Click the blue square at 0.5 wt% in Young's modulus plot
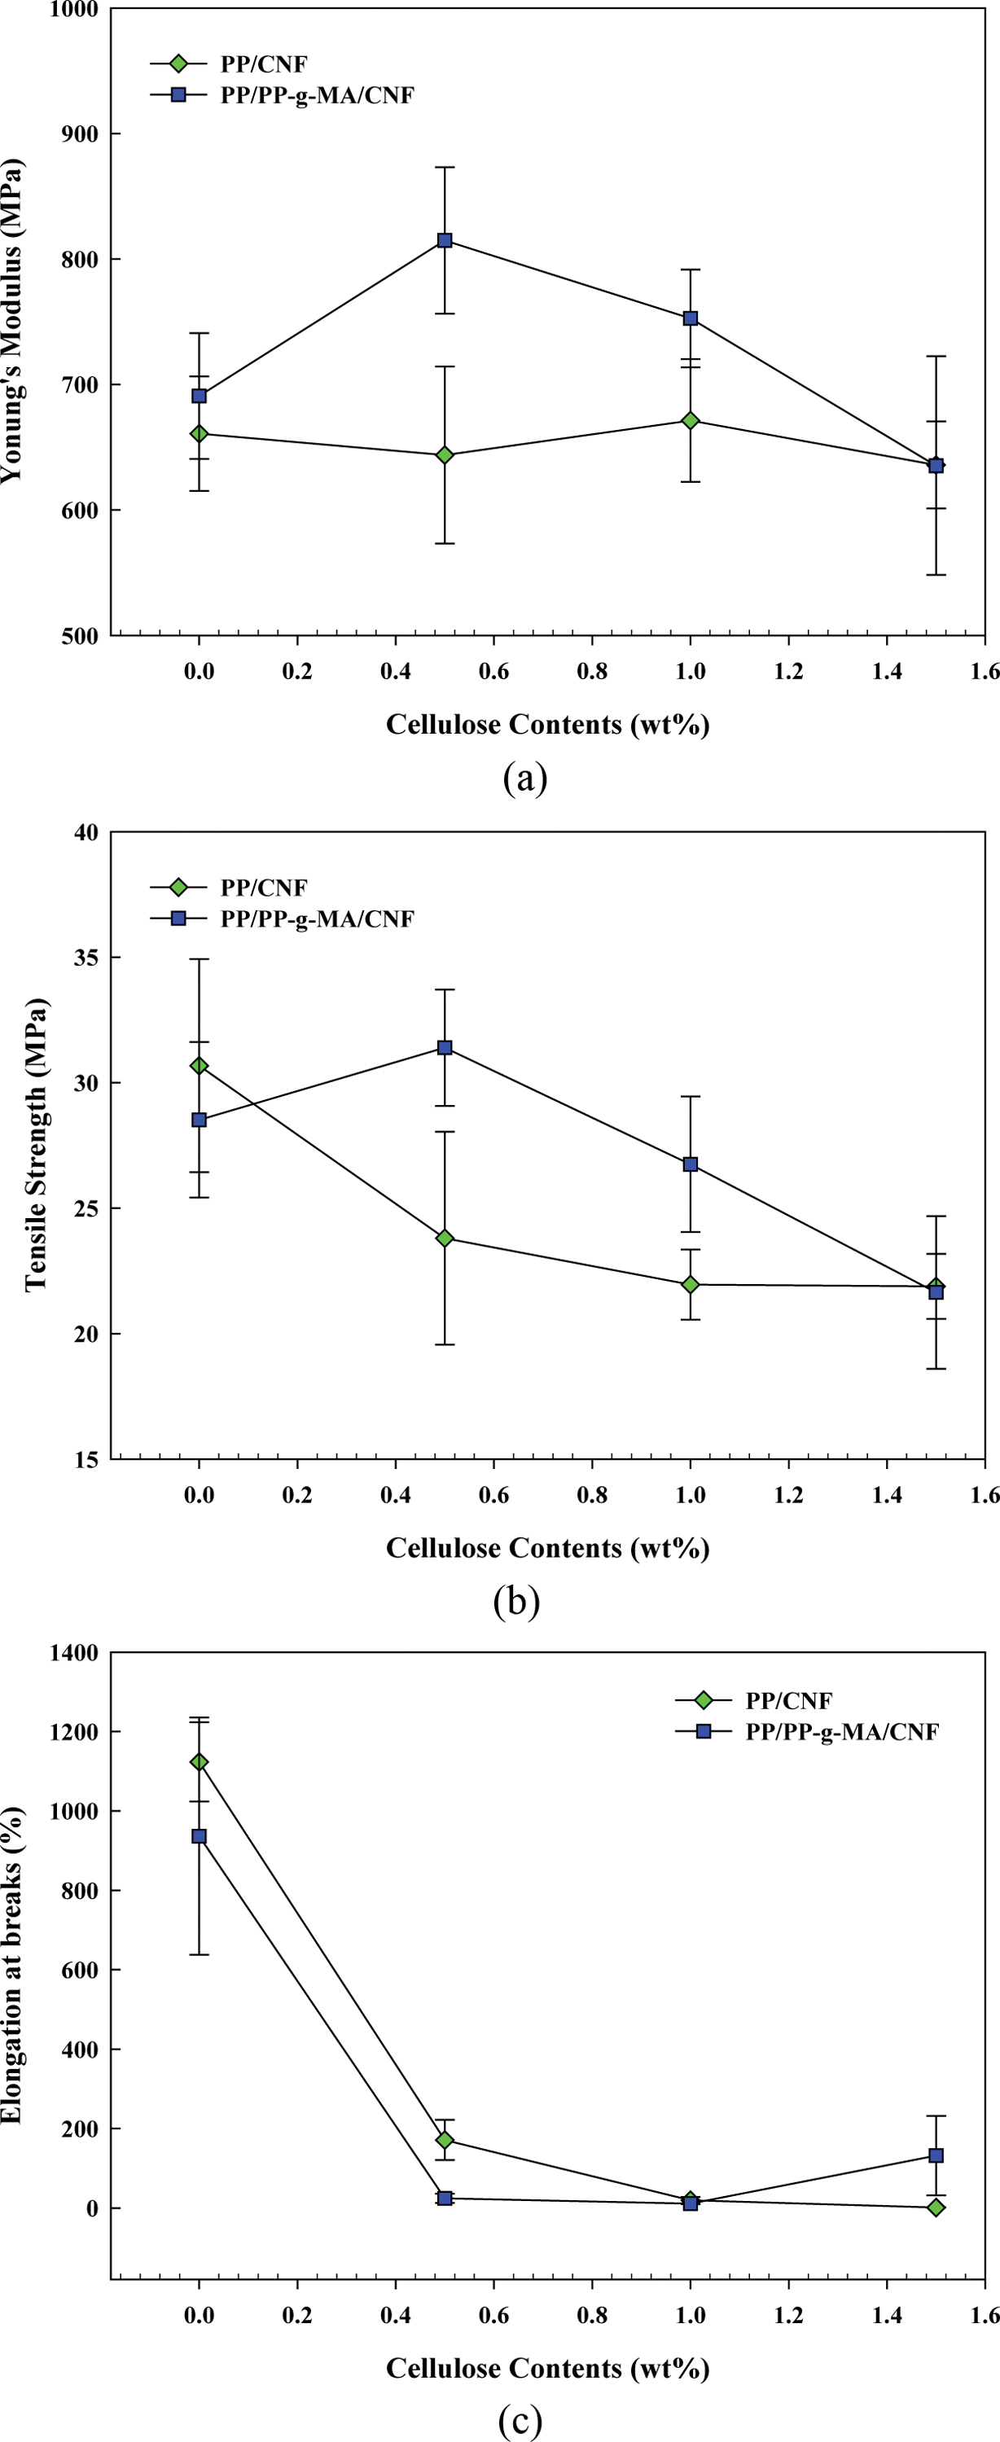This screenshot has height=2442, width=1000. coord(445,241)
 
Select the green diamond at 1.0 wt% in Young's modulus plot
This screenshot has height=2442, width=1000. coord(690,420)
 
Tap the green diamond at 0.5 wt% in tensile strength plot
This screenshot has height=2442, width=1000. coord(445,1238)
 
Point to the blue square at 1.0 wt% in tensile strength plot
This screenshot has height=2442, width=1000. coord(690,1164)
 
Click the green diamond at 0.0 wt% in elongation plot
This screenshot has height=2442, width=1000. coord(199,1762)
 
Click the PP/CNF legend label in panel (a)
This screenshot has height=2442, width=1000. coord(264,64)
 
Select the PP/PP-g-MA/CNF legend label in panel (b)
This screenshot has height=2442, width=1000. coord(317,918)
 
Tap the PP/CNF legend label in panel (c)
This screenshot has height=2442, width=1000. coord(788,1701)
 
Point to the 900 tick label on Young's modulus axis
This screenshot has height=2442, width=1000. coord(79,134)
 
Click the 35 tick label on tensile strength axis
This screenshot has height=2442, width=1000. coord(86,958)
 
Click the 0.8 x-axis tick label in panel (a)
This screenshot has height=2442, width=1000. coord(591,671)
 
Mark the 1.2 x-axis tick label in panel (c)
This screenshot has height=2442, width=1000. coord(788,2315)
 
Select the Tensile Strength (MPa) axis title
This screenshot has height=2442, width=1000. coord(35,1144)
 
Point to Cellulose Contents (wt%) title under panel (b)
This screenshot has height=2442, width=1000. coord(547,1548)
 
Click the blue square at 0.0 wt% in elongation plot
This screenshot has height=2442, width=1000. coord(199,1836)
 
